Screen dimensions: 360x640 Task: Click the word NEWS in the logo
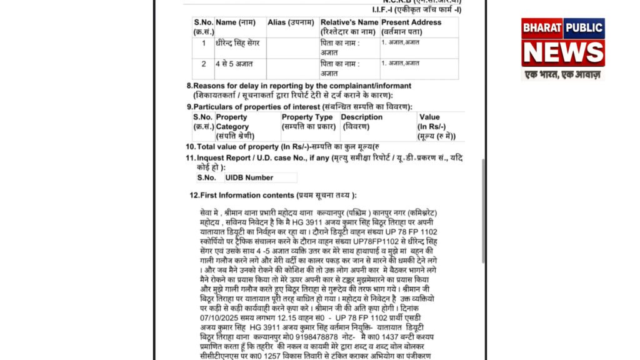(x=563, y=52)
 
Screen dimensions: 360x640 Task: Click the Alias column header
(x=291, y=22)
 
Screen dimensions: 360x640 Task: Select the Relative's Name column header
(x=349, y=27)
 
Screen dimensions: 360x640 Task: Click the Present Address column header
(x=411, y=27)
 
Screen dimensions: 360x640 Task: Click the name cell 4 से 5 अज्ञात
(x=231, y=64)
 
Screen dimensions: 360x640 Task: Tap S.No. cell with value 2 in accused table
(x=203, y=64)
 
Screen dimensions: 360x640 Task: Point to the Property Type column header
(x=307, y=122)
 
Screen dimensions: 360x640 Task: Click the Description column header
(x=362, y=121)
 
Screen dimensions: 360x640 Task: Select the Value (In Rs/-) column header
(x=436, y=126)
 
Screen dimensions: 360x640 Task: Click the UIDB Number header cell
(x=250, y=178)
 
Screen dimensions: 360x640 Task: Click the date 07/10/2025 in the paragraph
(x=221, y=318)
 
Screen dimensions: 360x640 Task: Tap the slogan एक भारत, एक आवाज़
(x=562, y=74)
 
